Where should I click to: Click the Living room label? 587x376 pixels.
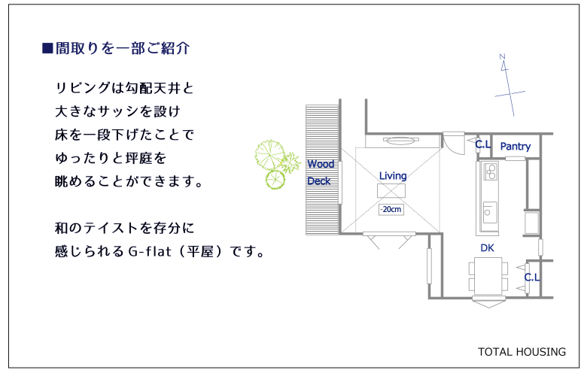click(393, 176)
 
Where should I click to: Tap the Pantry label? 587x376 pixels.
click(516, 147)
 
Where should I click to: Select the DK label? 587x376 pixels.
click(487, 247)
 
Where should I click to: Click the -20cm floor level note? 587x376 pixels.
click(391, 209)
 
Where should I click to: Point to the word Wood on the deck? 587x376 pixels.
click(321, 164)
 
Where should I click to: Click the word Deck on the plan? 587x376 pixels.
click(319, 181)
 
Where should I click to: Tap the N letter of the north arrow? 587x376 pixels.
click(503, 57)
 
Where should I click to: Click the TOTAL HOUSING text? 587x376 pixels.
click(522, 352)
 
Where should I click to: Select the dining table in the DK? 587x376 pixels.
click(488, 276)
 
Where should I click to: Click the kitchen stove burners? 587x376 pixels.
click(491, 171)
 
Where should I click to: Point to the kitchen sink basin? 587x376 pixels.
click(490, 213)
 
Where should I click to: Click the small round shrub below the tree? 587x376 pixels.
click(275, 179)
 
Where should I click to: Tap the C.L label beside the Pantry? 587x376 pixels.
click(482, 144)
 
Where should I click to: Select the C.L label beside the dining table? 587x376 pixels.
click(532, 277)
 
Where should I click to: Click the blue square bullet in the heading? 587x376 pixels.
click(47, 48)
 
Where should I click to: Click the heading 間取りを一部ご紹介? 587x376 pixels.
click(123, 48)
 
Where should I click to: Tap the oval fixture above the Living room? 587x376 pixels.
click(400, 141)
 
